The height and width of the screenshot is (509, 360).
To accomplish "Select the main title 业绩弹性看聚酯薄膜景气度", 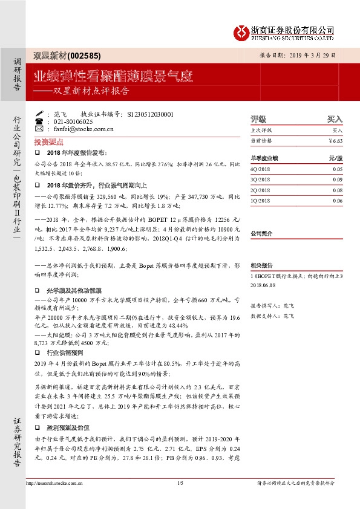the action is coord(113,76).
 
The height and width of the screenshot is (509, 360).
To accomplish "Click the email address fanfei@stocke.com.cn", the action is coord(83,129).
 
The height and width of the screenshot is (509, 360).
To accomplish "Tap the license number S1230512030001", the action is coord(151,114).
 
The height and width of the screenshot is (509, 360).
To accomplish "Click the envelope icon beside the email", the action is coord(39,129).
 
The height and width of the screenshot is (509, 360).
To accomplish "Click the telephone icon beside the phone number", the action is coord(39,121).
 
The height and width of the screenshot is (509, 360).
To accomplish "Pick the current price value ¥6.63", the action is coord(335,140).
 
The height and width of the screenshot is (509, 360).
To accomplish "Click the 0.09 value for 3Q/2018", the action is coord(337,180).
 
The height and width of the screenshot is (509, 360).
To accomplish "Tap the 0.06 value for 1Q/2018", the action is coord(337,200).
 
